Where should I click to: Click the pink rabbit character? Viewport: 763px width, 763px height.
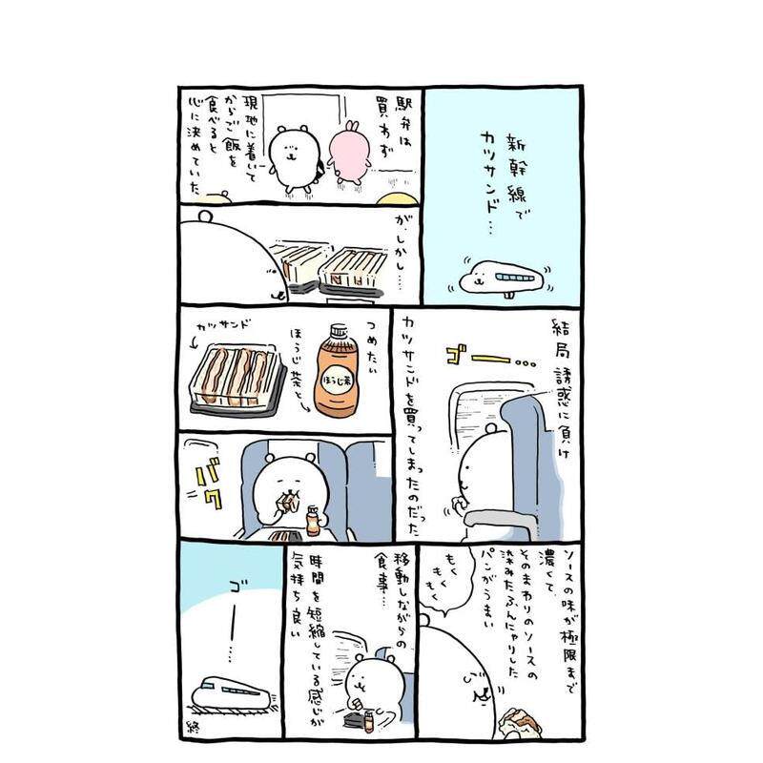point(346,151)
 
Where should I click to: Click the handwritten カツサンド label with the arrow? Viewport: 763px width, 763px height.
point(229,325)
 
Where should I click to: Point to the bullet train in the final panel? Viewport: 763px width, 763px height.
point(234,691)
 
